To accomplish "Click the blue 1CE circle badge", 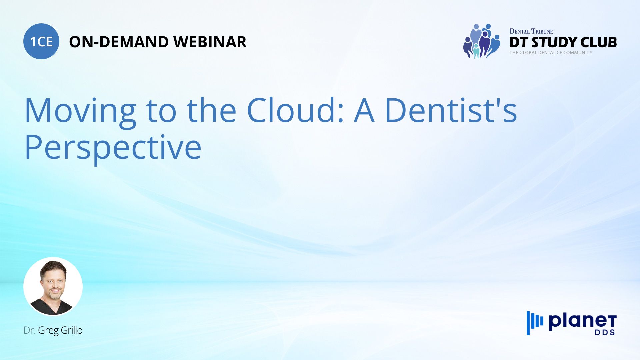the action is pos(41,41).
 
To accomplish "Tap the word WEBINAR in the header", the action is pos(210,42).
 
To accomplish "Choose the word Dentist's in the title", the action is pos(451,110).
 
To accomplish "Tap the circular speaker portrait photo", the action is pos(53,287).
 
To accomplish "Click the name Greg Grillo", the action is pos(60,331).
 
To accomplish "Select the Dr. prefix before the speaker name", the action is pos(30,331).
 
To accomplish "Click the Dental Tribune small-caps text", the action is pos(531,31).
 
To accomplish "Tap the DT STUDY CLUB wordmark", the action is pos(563,42).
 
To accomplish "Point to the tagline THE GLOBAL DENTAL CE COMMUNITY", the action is pos(551,53).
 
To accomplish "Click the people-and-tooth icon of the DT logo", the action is pos(482,41).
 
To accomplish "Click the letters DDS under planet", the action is pos(605,333).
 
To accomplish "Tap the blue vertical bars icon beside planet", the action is pos(535,323).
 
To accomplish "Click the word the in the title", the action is pos(212,110).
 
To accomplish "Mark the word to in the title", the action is pos(161,112).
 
